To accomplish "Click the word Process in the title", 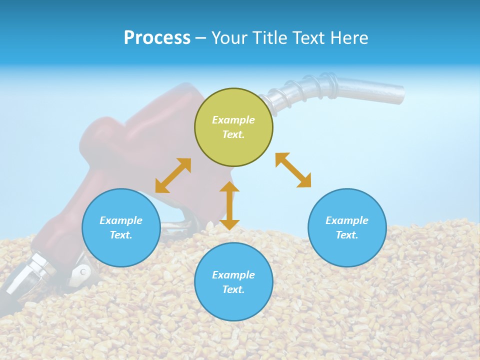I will [x=157, y=38].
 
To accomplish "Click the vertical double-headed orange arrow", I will [x=229, y=205].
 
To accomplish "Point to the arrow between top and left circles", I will [x=173, y=175].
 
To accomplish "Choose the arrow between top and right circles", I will [x=293, y=170].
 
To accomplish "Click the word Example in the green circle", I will [x=233, y=120].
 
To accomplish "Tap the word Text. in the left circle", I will [x=121, y=235].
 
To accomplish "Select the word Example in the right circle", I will [x=347, y=220].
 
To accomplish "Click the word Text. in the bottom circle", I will [x=233, y=289].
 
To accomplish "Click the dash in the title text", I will [x=201, y=38].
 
